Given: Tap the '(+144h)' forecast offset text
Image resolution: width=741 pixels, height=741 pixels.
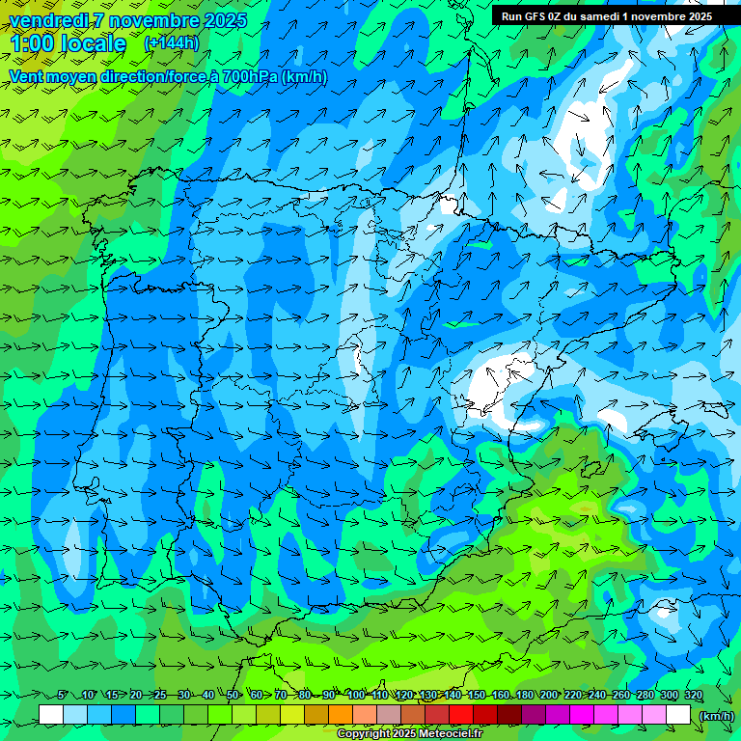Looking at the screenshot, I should coord(171,43).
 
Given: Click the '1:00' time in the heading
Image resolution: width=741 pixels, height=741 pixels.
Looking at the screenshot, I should coord(34,43).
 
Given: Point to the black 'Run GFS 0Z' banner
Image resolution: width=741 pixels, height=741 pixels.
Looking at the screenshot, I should coord(606,15).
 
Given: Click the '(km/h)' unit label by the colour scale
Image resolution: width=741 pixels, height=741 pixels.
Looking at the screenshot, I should coord(715,716).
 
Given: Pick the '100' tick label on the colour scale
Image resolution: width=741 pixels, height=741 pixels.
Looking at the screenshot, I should coord(356,696).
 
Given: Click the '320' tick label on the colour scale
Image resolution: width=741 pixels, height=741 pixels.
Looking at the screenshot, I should coord(694,696).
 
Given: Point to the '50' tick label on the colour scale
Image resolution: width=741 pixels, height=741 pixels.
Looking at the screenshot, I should coord(233,696).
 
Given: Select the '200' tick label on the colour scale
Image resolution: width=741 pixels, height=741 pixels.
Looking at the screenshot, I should coord(549,696).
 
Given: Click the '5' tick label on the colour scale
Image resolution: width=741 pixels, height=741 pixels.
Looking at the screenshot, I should coord(63,696).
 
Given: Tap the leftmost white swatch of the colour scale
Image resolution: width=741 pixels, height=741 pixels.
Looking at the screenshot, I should coord(51,715).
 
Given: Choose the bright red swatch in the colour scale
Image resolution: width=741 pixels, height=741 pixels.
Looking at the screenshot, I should coord(461,715).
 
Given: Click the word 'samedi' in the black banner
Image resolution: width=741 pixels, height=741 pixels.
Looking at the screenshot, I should coord(594,15).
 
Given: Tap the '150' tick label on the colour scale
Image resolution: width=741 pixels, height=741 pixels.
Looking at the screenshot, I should coord(477,696).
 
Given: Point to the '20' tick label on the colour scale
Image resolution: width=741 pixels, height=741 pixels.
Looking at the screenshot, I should coord(136,696).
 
